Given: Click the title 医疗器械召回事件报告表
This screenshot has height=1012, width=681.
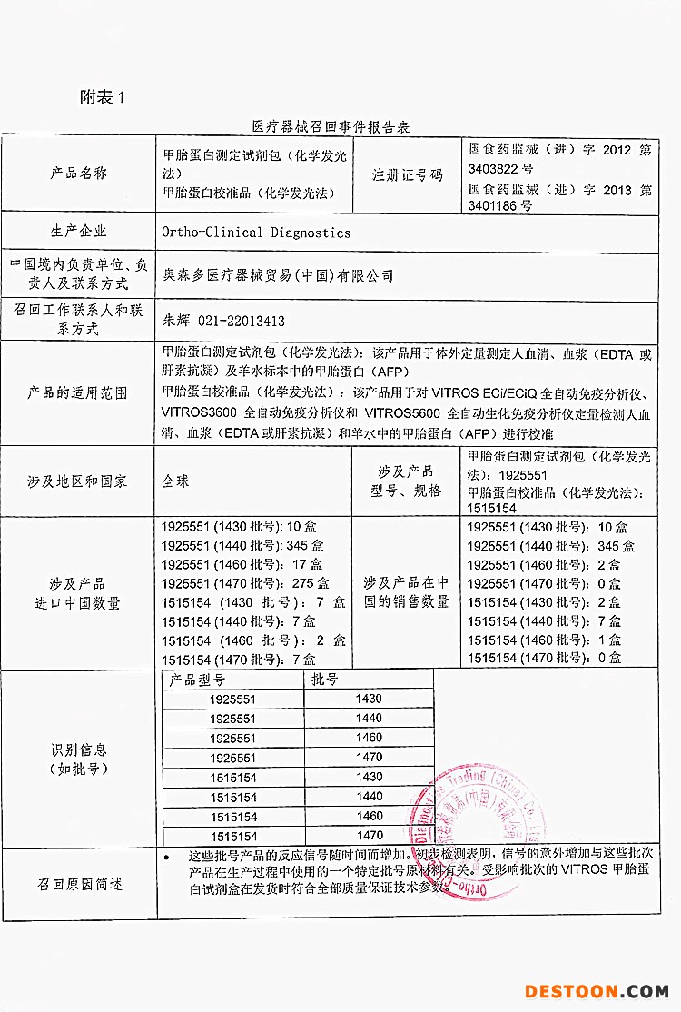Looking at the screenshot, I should tap(331, 126).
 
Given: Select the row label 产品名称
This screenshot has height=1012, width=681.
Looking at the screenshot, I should tap(78, 173).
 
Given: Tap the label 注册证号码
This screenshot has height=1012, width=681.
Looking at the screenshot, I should tap(407, 174).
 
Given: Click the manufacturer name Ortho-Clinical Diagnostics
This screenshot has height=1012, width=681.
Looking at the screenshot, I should tap(256, 233).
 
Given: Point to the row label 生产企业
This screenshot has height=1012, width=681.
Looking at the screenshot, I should tap(78, 232).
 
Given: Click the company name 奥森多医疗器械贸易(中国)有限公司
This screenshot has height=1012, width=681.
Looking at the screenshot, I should tap(277, 274).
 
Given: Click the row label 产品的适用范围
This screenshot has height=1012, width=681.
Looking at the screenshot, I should tap(78, 393).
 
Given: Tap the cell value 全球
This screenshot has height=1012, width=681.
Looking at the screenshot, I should tap(176, 481).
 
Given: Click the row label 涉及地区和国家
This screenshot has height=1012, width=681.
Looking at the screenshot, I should tap(78, 481).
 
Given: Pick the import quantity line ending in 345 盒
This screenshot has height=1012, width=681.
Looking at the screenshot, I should tap(242, 546).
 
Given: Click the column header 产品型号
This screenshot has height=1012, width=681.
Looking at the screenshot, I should tap(197, 680).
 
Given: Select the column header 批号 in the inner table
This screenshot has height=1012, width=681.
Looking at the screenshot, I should tap(324, 680).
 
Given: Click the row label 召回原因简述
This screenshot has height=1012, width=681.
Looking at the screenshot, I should tap(80, 884).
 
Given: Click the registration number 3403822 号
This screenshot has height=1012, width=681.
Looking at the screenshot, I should tap(501, 169).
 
